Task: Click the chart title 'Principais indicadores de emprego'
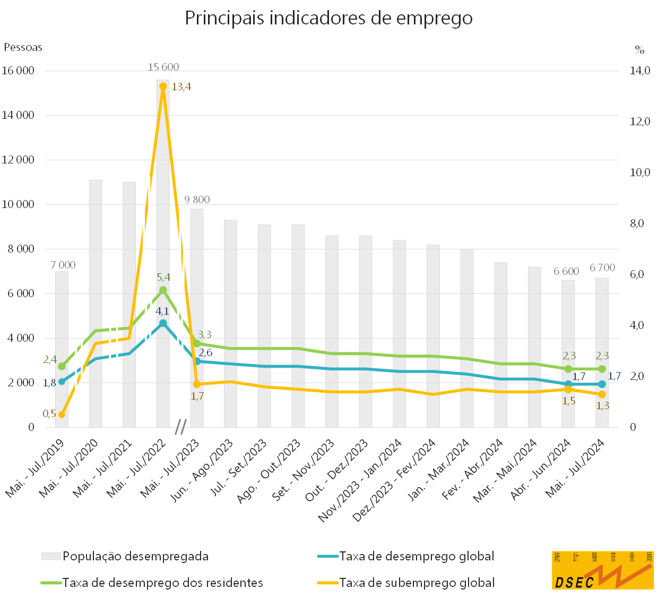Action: [328, 18]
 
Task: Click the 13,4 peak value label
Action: [181, 86]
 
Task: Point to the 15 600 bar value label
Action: [163, 67]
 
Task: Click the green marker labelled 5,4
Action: [163, 290]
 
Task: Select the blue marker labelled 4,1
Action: [163, 323]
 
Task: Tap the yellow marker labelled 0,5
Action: [62, 414]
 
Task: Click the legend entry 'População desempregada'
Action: [135, 556]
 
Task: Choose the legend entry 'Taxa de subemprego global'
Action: [417, 583]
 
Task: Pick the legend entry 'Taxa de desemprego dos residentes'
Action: [162, 583]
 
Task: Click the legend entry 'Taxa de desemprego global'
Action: [417, 556]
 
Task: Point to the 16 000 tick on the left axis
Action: [18, 71]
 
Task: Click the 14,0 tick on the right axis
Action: [639, 71]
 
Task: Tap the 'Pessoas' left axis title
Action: [23, 47]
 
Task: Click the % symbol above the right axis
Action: [639, 50]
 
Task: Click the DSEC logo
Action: [602, 570]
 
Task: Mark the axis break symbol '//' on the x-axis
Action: [181, 427]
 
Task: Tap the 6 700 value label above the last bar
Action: [602, 268]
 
